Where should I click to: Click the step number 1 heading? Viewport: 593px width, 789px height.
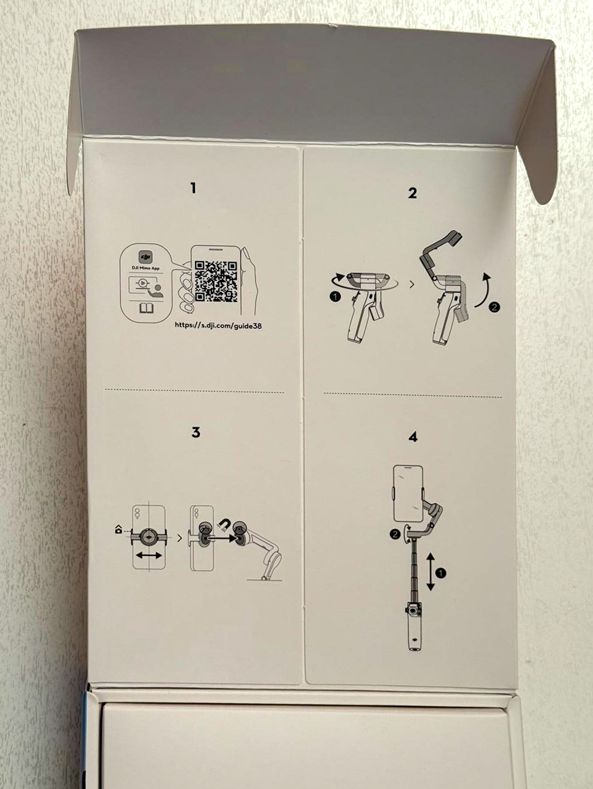[x=194, y=188]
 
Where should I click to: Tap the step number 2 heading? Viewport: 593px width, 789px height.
[x=413, y=193]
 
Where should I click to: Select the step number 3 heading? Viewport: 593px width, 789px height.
[x=196, y=432]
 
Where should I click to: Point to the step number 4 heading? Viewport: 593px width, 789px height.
[x=413, y=437]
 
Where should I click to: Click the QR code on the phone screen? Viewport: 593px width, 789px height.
[x=216, y=282]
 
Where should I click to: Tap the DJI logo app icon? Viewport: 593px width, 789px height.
[x=145, y=257]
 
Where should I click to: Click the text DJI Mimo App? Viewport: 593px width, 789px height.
[x=145, y=268]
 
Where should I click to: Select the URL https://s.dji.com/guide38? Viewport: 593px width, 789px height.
[x=218, y=326]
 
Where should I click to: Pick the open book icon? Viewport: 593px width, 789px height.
[x=147, y=308]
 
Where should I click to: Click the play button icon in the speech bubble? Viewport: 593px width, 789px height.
[x=143, y=283]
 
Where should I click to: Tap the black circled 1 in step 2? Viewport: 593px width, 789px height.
[x=335, y=297]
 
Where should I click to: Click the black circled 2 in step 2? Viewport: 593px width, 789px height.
[x=495, y=307]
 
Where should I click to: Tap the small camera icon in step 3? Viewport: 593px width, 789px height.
[x=118, y=529]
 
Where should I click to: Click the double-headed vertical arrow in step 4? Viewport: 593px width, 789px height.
[x=431, y=572]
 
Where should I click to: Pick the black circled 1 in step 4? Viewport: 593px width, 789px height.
[x=441, y=573]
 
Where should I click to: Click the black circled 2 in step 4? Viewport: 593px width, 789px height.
[x=395, y=534]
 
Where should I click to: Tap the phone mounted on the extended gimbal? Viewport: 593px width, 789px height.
[x=408, y=494]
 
